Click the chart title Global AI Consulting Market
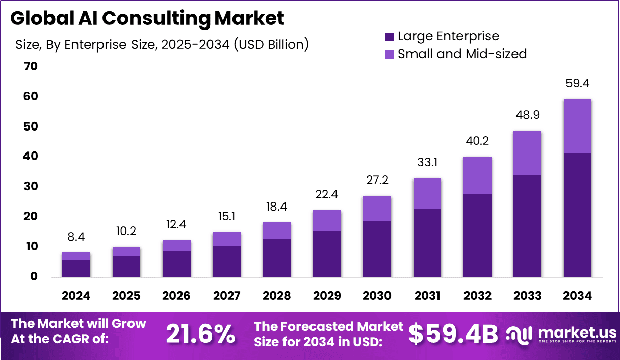(147, 19)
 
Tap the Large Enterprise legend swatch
(390, 37)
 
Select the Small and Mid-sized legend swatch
(390, 54)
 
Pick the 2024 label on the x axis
(76, 296)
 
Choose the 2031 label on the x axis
(427, 296)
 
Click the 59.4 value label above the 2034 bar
(578, 84)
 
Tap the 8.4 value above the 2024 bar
(76, 237)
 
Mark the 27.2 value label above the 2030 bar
(377, 181)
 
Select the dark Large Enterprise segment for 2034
(578, 215)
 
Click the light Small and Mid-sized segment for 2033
(527, 153)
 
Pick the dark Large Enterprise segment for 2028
(277, 258)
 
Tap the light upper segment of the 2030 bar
(377, 208)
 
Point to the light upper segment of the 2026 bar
(176, 246)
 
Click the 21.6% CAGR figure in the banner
(200, 334)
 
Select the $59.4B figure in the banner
(453, 334)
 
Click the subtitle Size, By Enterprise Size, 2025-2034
(162, 45)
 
